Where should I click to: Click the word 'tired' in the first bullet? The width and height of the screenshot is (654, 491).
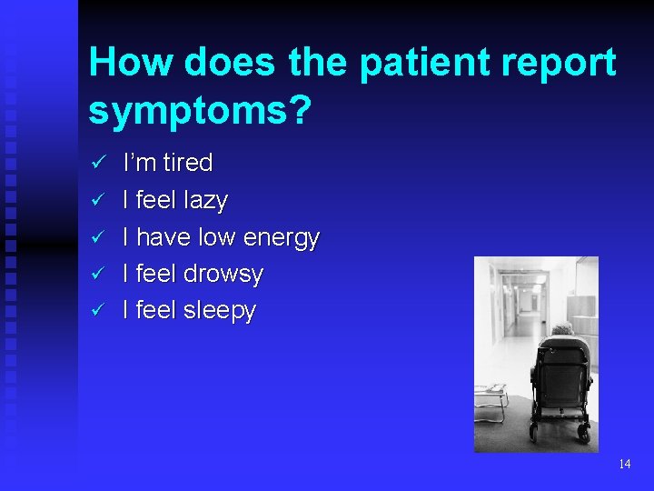tap(187, 163)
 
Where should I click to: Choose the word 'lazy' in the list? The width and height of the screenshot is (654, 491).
tap(206, 200)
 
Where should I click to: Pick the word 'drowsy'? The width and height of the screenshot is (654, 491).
tap(223, 274)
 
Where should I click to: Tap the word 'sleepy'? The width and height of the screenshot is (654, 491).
tap(220, 311)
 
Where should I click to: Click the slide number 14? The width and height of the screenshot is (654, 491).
tap(624, 464)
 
